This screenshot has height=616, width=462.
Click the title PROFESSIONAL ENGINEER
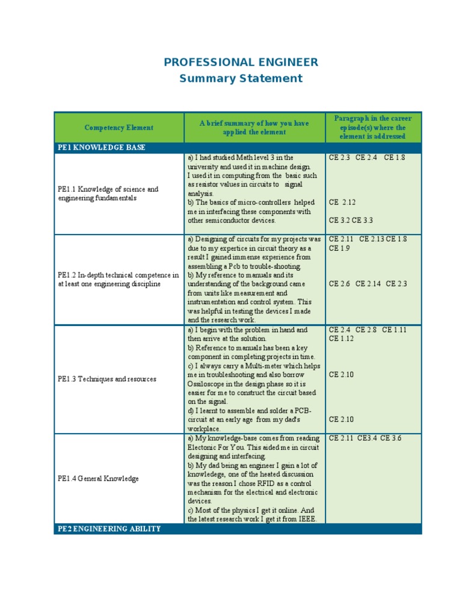coord(241,63)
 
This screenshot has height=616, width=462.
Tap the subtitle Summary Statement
coord(241,78)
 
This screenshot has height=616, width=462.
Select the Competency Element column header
coord(119,128)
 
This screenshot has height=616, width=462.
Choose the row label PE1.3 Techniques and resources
coord(106,379)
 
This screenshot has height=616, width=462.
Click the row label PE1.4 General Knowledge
coord(98,479)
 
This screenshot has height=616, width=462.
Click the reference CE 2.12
coord(342,203)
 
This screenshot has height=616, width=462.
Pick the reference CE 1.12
coord(341,339)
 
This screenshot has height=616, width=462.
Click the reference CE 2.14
coord(369,284)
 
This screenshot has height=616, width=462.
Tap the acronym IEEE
coord(305,519)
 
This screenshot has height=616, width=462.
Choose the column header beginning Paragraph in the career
coord(373,128)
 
